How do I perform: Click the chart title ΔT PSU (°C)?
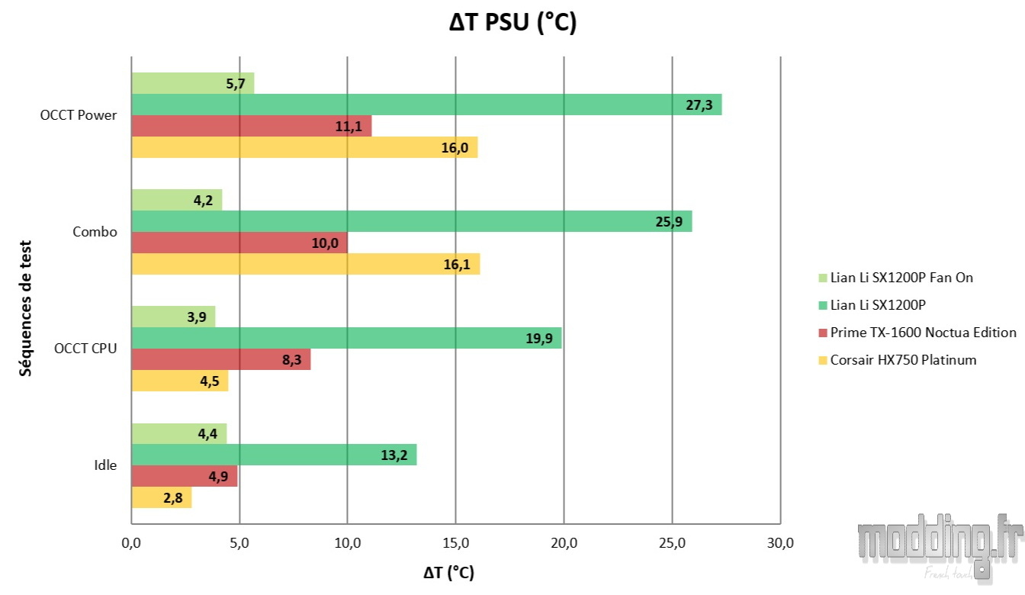pyautogui.click(x=512, y=24)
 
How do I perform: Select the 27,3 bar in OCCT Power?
pyautogui.click(x=426, y=105)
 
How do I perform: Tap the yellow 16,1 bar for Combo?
pyautogui.click(x=305, y=264)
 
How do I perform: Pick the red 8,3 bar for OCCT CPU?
pyautogui.click(x=221, y=359)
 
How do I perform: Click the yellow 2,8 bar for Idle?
pyautogui.click(x=162, y=497)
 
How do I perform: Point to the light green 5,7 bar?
pyautogui.click(x=192, y=83)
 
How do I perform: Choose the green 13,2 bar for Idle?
pyautogui.click(x=274, y=455)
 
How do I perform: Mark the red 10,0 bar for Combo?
pyautogui.click(x=239, y=243)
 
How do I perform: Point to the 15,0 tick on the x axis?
pyautogui.click(x=455, y=543)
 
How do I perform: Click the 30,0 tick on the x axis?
pyautogui.click(x=780, y=543)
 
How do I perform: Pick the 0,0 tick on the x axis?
pyautogui.click(x=131, y=543)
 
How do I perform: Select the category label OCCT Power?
pyautogui.click(x=79, y=115)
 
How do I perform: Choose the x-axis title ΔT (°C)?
pyautogui.click(x=448, y=572)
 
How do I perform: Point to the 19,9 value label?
pyautogui.click(x=538, y=338)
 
